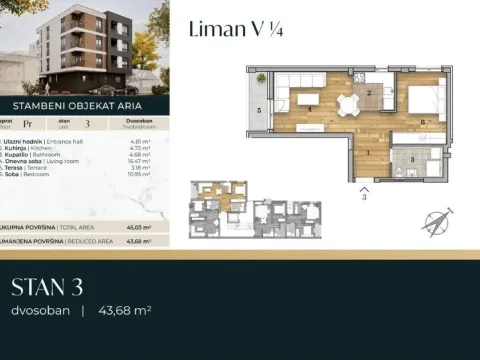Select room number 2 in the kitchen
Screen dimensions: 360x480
(x=369, y=93)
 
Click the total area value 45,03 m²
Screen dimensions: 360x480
(x=140, y=227)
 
